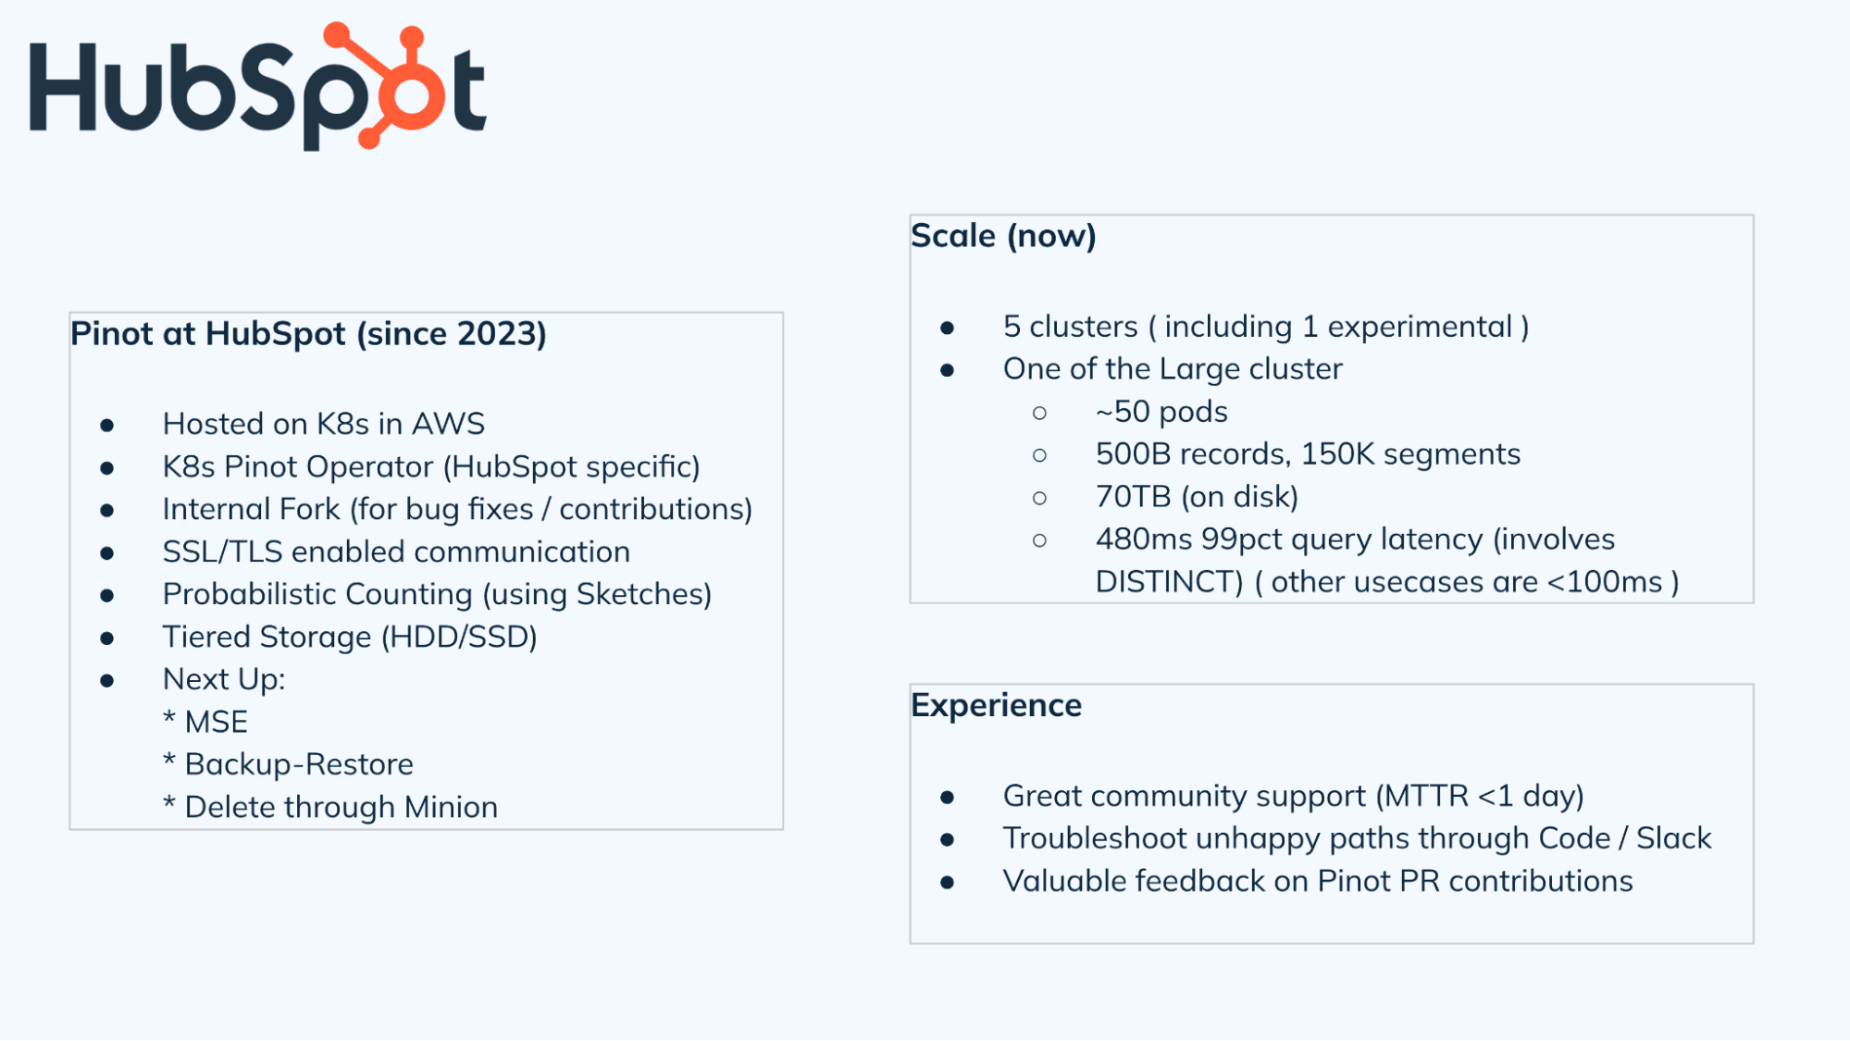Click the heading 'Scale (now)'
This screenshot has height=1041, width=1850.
[1003, 236]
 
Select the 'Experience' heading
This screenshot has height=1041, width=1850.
[996, 706]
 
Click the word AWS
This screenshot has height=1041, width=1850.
[448, 424]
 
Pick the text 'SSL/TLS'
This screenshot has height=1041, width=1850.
[222, 551]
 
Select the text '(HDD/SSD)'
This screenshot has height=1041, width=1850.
[459, 637]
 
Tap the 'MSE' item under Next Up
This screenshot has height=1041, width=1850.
[216, 722]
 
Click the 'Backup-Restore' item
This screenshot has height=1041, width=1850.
[299, 764]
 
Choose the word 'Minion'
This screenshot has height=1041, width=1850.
[451, 807]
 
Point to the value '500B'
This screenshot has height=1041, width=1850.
[1134, 454]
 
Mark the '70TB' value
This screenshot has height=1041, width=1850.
[1134, 497]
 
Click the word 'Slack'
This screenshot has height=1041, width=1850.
[1673, 838]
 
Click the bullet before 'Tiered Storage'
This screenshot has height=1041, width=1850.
[107, 638]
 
